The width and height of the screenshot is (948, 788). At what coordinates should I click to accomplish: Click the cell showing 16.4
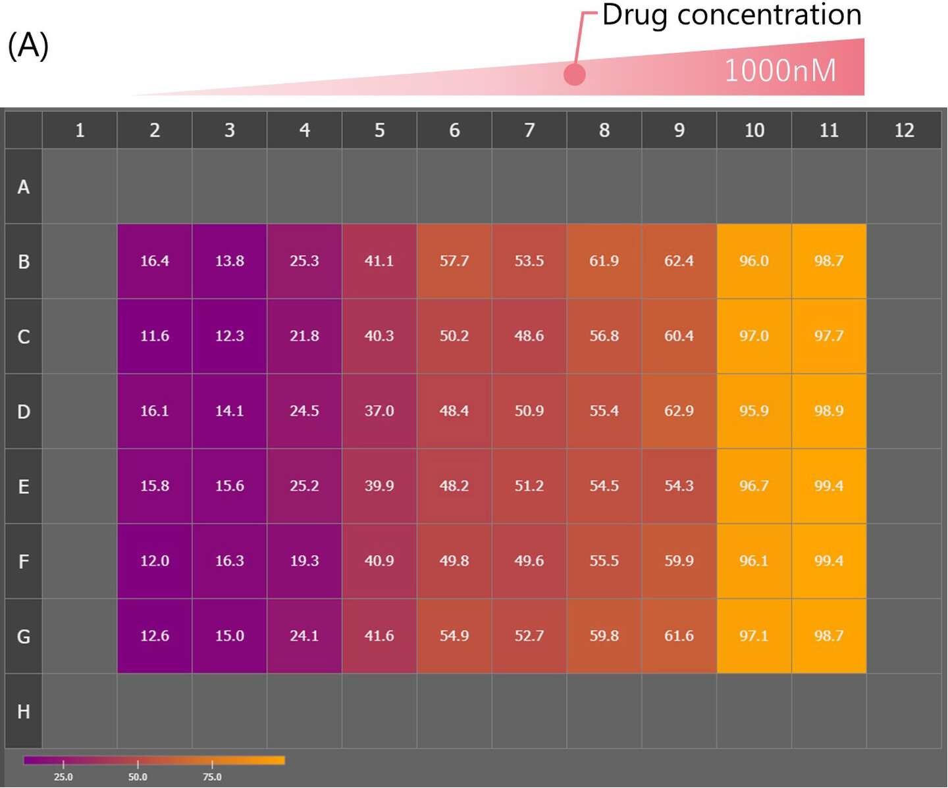click(x=155, y=261)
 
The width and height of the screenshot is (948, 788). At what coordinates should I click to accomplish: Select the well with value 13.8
click(x=229, y=261)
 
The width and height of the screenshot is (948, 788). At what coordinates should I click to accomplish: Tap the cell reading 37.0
click(x=379, y=411)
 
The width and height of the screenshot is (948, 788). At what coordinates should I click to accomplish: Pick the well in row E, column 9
click(x=679, y=486)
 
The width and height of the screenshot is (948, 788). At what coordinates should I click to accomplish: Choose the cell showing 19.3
click(x=304, y=561)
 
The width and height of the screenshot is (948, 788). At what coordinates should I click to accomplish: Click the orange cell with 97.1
click(x=754, y=636)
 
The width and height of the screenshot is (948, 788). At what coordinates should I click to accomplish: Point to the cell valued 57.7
click(x=454, y=261)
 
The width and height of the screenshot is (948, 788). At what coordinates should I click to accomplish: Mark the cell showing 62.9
click(x=679, y=411)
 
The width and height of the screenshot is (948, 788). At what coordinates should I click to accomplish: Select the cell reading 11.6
click(x=155, y=336)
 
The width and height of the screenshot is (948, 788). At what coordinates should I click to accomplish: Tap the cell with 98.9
click(x=828, y=411)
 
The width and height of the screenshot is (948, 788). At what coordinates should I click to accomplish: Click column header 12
click(x=904, y=130)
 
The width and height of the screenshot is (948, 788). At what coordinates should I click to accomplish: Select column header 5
click(x=379, y=130)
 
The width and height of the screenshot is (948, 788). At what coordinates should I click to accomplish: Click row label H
click(x=24, y=711)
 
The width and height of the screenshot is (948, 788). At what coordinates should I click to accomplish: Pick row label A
click(x=24, y=187)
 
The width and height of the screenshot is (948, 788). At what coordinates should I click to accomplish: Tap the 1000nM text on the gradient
click(x=780, y=70)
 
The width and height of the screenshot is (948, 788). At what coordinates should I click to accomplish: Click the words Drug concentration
click(x=731, y=15)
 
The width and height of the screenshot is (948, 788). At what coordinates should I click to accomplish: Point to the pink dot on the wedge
click(x=574, y=74)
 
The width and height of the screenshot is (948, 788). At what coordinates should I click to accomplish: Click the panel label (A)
click(x=28, y=46)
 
